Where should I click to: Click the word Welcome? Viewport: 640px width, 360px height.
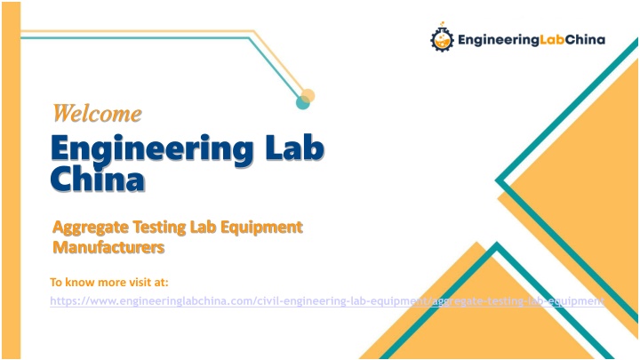97,113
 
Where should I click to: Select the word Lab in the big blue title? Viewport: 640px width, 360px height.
295,148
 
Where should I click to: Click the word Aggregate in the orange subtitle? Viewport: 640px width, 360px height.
91,228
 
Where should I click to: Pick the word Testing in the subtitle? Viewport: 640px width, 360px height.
160,228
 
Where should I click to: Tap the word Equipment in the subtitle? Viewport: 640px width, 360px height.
261,228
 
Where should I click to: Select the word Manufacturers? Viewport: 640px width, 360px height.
108,247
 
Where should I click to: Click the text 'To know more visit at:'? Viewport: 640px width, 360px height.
109,282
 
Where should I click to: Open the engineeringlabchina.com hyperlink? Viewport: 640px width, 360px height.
327,301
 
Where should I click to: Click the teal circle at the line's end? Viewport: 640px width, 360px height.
302,102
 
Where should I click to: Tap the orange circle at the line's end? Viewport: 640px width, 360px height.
308,96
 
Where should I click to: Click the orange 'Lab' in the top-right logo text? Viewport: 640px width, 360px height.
553,40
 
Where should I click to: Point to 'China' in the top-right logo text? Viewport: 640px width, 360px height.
585,40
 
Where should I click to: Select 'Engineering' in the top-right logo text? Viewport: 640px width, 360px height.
499,40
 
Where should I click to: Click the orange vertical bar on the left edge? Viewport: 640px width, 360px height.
11,180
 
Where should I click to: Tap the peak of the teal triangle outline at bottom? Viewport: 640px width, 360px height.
497,245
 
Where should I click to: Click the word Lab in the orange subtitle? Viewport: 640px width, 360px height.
204,227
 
